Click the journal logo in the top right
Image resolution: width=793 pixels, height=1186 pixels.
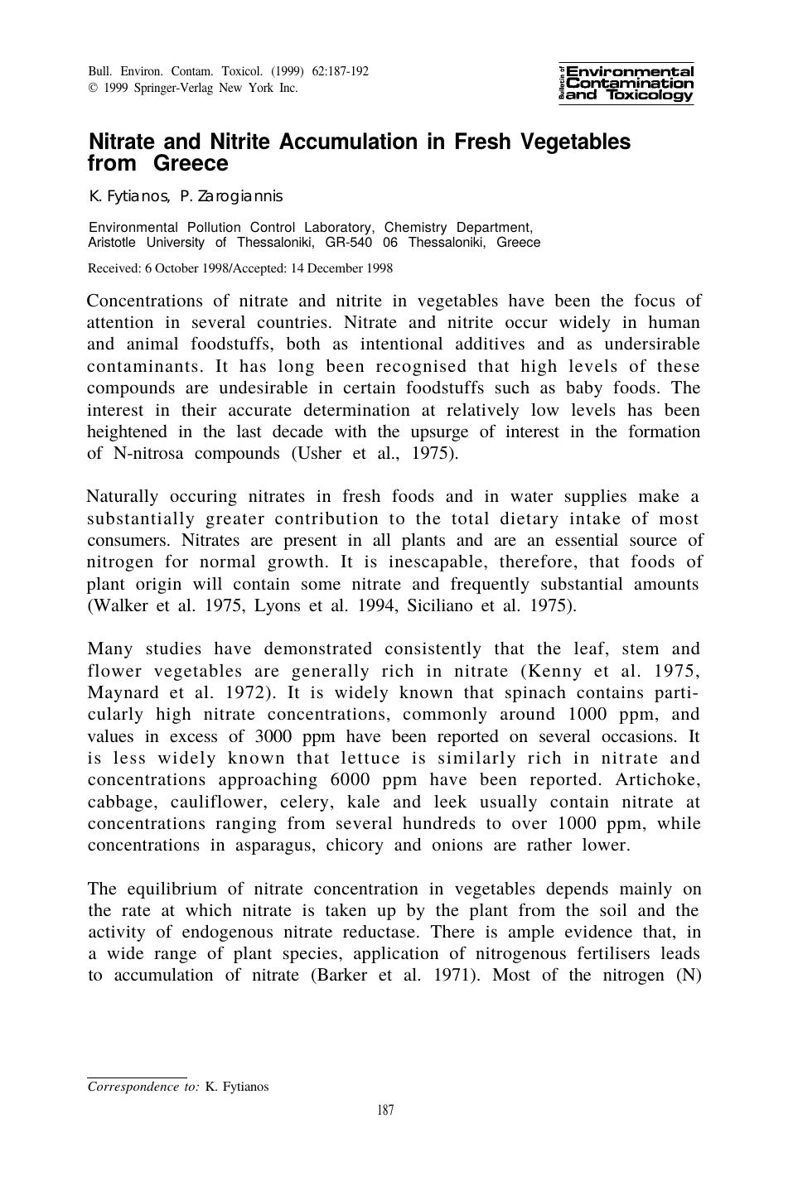(x=626, y=84)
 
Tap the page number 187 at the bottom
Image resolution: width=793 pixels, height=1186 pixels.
(x=385, y=1110)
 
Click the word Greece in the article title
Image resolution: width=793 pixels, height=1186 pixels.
(x=191, y=164)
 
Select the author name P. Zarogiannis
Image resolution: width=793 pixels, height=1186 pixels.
(x=231, y=196)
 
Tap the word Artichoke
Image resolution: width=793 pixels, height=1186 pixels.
(x=665, y=780)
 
